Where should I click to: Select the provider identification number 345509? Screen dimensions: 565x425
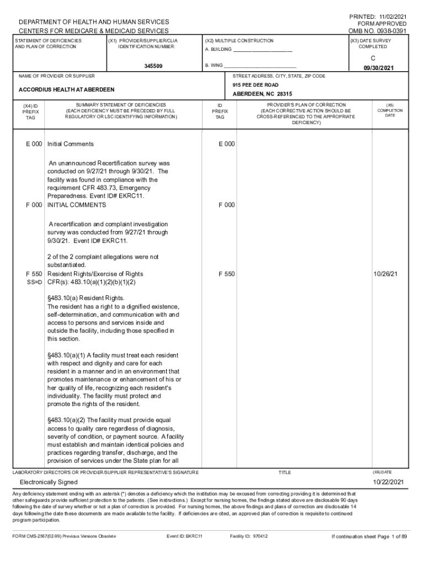153,66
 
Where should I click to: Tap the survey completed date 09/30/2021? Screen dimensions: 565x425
379,68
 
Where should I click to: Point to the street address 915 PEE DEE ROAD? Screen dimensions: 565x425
256,85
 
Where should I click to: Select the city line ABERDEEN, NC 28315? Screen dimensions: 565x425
262,94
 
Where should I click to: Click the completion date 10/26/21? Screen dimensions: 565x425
386,274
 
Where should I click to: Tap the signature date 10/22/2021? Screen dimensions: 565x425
388,482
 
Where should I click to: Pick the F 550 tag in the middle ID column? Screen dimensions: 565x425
226,274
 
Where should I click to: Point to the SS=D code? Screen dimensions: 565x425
34,282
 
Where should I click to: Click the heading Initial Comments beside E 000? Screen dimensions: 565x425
71,144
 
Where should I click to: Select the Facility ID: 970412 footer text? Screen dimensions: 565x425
248,536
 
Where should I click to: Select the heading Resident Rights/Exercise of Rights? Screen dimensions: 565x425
95,274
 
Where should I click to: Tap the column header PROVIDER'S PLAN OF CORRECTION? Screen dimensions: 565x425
306,104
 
